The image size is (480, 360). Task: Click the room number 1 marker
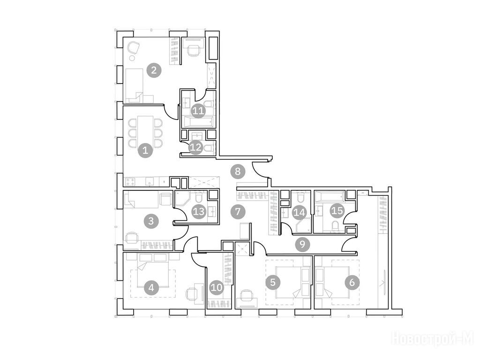coord(145,150)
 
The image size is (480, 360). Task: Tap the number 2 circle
coord(154,70)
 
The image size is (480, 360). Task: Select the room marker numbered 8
coord(238,172)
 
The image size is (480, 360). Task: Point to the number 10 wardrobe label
coord(217,287)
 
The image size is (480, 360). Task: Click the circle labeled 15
coord(337,210)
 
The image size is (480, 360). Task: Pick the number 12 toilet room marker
coord(196,147)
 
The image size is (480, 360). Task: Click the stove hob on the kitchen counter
coord(131,182)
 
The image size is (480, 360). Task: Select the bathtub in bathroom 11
coord(198,122)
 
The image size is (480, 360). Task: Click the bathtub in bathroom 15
coord(330,195)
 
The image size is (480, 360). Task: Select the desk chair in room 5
coord(246,295)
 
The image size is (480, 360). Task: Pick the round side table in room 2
coord(132,58)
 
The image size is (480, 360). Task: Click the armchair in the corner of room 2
coord(134,47)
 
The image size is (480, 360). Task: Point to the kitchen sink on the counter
coord(150,182)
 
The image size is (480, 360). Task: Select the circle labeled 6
coord(352,282)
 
